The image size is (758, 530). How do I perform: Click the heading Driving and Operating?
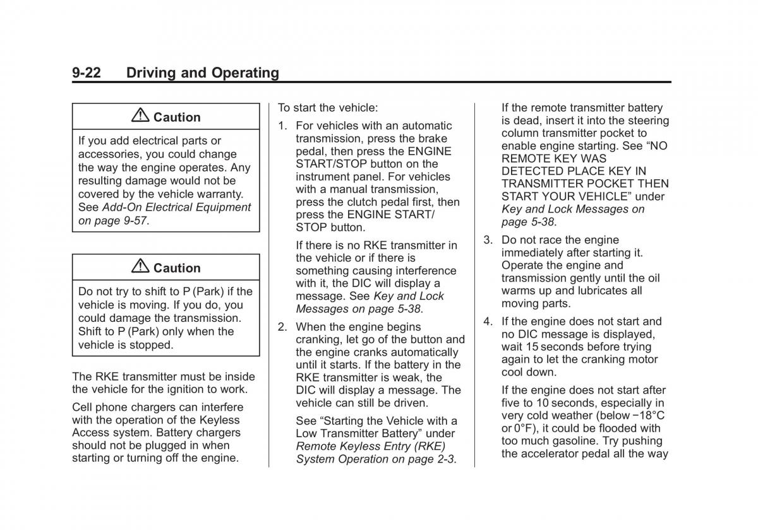202,73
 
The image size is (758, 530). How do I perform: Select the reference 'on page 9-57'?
112,221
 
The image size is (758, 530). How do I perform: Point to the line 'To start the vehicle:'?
327,108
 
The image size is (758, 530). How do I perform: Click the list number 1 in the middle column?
282,126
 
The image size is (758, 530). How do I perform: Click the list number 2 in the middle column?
282,327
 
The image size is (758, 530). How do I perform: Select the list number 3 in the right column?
488,240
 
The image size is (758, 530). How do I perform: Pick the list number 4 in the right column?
488,322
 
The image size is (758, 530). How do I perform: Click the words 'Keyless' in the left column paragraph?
222,420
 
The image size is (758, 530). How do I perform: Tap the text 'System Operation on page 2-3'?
375,459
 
